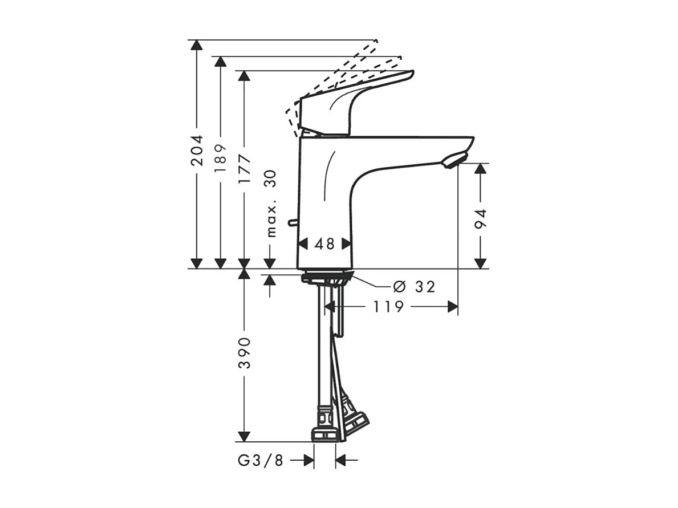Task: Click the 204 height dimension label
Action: coord(197,151)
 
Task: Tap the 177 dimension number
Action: coord(245,168)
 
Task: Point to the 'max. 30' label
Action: coord(270,203)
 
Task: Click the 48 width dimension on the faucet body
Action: coord(324,244)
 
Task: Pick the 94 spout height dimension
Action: coord(481,220)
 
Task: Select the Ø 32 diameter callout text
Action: coord(414,287)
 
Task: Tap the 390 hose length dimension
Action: coord(245,352)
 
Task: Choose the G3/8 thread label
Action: coord(260,461)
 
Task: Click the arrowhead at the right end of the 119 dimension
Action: coord(453,307)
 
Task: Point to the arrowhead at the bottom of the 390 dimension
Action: coord(245,436)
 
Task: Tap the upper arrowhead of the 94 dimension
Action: coord(481,168)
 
